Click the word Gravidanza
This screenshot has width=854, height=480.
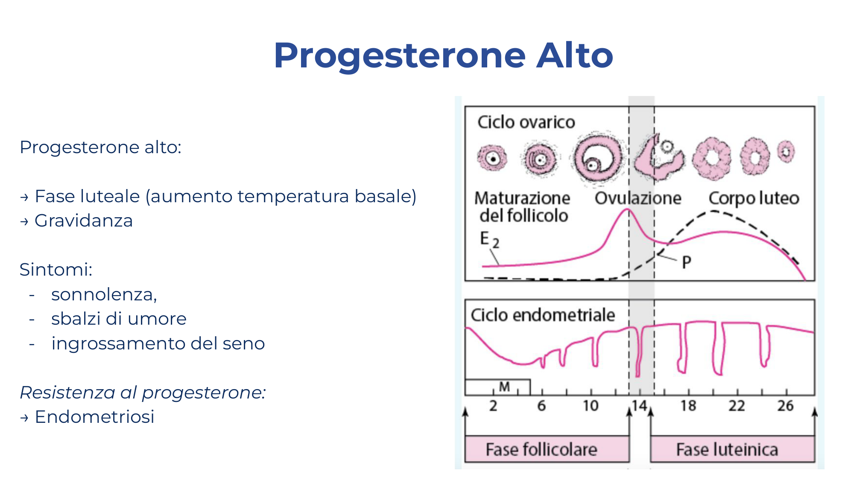pyautogui.click(x=84, y=221)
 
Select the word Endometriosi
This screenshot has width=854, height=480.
pyautogui.click(x=94, y=416)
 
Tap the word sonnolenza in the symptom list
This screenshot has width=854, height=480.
pyautogui.click(x=104, y=294)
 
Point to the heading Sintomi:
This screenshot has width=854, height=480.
pyautogui.click(x=56, y=270)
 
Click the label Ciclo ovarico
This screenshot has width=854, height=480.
pyautogui.click(x=526, y=122)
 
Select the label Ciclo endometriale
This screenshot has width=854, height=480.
pyautogui.click(x=543, y=315)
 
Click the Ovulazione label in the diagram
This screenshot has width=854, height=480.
pyautogui.click(x=638, y=198)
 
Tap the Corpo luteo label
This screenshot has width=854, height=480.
pyautogui.click(x=754, y=198)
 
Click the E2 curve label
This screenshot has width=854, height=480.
pyautogui.click(x=489, y=239)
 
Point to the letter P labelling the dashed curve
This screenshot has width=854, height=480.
pyautogui.click(x=686, y=262)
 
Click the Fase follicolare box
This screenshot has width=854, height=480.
pyautogui.click(x=547, y=449)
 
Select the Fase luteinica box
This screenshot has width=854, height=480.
pyautogui.click(x=732, y=449)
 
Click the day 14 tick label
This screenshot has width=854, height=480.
pyautogui.click(x=640, y=405)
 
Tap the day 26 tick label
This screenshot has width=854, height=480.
pyautogui.click(x=785, y=405)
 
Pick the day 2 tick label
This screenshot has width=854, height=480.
pyautogui.click(x=493, y=405)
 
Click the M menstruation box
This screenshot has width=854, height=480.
pyautogui.click(x=497, y=387)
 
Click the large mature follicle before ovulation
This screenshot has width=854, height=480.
pyautogui.click(x=598, y=159)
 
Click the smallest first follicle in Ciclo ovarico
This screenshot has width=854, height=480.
pyautogui.click(x=492, y=158)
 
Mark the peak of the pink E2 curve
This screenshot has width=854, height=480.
pyautogui.click(x=627, y=209)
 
